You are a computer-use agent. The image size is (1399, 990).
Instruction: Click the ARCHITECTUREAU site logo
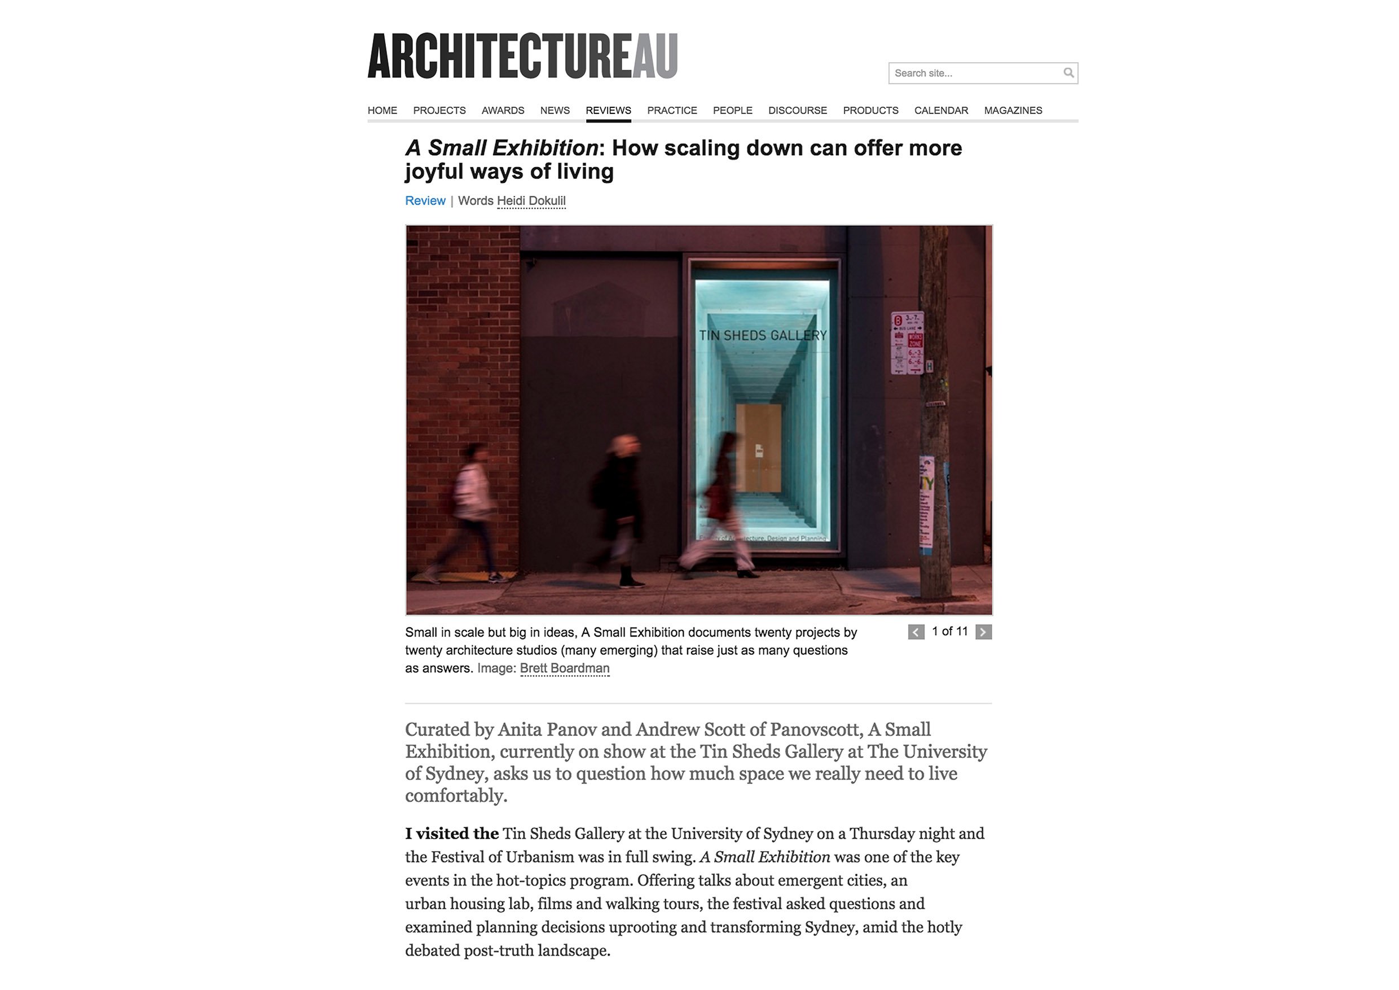(522, 56)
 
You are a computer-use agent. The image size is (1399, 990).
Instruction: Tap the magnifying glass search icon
(1068, 73)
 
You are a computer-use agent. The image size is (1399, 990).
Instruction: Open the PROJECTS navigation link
(439, 110)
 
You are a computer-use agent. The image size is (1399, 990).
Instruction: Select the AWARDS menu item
(503, 110)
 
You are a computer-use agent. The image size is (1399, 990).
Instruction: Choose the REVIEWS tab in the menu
(608, 110)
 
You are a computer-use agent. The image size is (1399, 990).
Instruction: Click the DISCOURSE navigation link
(797, 110)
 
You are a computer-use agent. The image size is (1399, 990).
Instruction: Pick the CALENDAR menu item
(941, 110)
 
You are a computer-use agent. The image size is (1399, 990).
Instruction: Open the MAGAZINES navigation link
(1013, 110)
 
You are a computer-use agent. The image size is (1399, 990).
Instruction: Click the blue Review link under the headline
(425, 200)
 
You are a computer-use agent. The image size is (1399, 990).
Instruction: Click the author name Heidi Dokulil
(531, 200)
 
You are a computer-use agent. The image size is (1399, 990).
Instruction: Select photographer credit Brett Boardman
(564, 668)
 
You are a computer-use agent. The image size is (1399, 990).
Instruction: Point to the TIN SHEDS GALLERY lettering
(762, 335)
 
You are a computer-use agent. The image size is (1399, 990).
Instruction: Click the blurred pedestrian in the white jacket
(471, 494)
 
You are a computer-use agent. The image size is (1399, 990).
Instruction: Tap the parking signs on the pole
(907, 343)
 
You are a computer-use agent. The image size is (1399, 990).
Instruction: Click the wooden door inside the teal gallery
(759, 448)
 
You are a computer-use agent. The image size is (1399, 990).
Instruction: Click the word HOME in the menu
(382, 110)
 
